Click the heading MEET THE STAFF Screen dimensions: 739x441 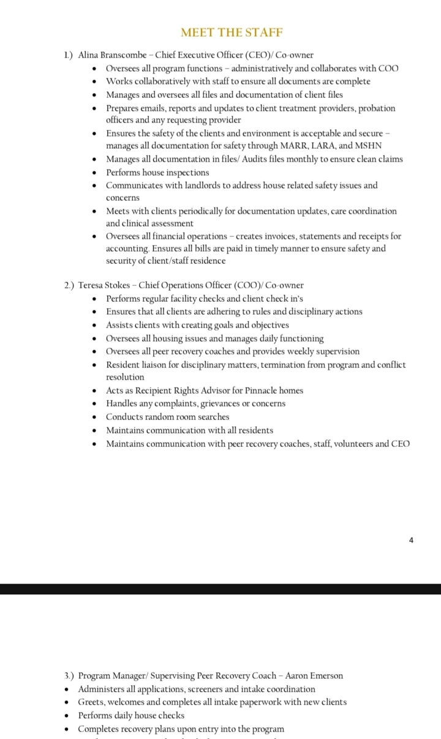[232, 32]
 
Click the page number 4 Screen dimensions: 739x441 [411, 540]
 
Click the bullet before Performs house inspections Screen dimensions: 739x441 [94, 173]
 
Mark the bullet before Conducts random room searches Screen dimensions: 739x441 [94, 418]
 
